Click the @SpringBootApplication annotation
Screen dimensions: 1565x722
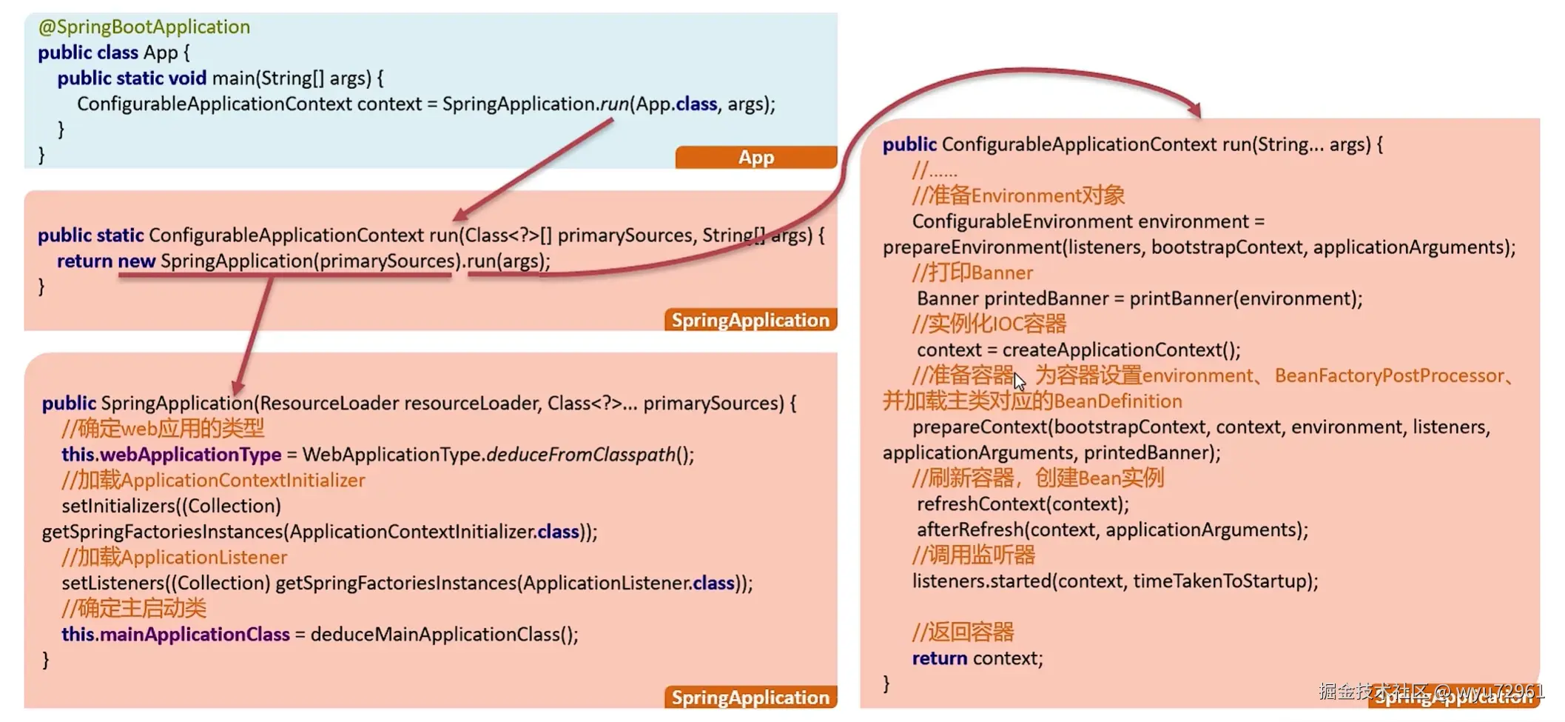coord(144,27)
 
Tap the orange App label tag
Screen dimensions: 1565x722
coord(755,157)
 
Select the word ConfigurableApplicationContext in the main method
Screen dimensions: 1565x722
coord(215,104)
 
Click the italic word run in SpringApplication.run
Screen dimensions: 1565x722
coord(614,104)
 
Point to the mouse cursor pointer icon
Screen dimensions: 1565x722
coord(1020,381)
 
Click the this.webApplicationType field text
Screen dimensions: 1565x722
coord(172,455)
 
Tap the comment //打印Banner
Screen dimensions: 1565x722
coord(972,273)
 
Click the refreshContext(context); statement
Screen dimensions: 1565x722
coord(1023,504)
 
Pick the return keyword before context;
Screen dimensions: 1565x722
coord(940,658)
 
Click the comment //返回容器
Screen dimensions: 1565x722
coord(963,632)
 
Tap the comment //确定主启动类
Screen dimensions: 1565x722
coord(134,609)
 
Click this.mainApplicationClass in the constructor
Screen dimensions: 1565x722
coord(175,635)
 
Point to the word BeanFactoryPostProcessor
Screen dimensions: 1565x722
coord(1390,375)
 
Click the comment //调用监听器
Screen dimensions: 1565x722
coord(974,555)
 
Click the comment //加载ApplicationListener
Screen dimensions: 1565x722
coord(175,558)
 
